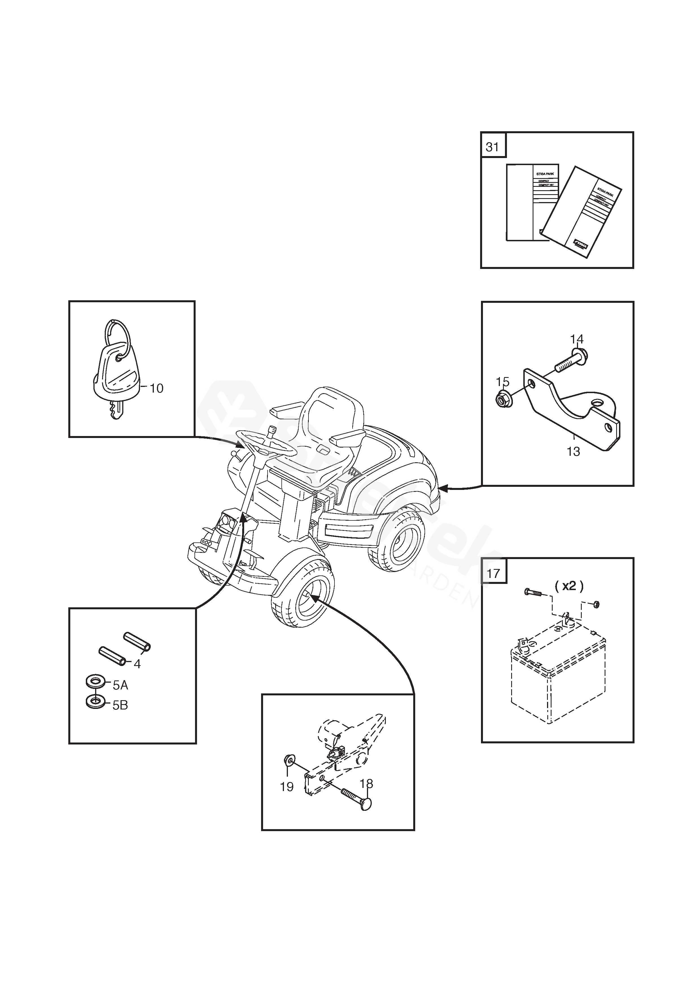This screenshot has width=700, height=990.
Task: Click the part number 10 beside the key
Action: coord(156,389)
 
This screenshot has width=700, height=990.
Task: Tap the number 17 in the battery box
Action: coord(493,573)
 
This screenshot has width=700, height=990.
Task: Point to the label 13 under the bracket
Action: coord(573,452)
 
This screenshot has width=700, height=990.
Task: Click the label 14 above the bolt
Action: coord(577,339)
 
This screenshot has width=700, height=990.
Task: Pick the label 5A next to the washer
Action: coord(120,685)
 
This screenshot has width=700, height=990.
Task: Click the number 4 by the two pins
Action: coord(137,664)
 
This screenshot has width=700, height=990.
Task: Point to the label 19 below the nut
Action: coord(287,787)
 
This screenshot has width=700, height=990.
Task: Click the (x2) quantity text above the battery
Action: coord(569,586)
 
